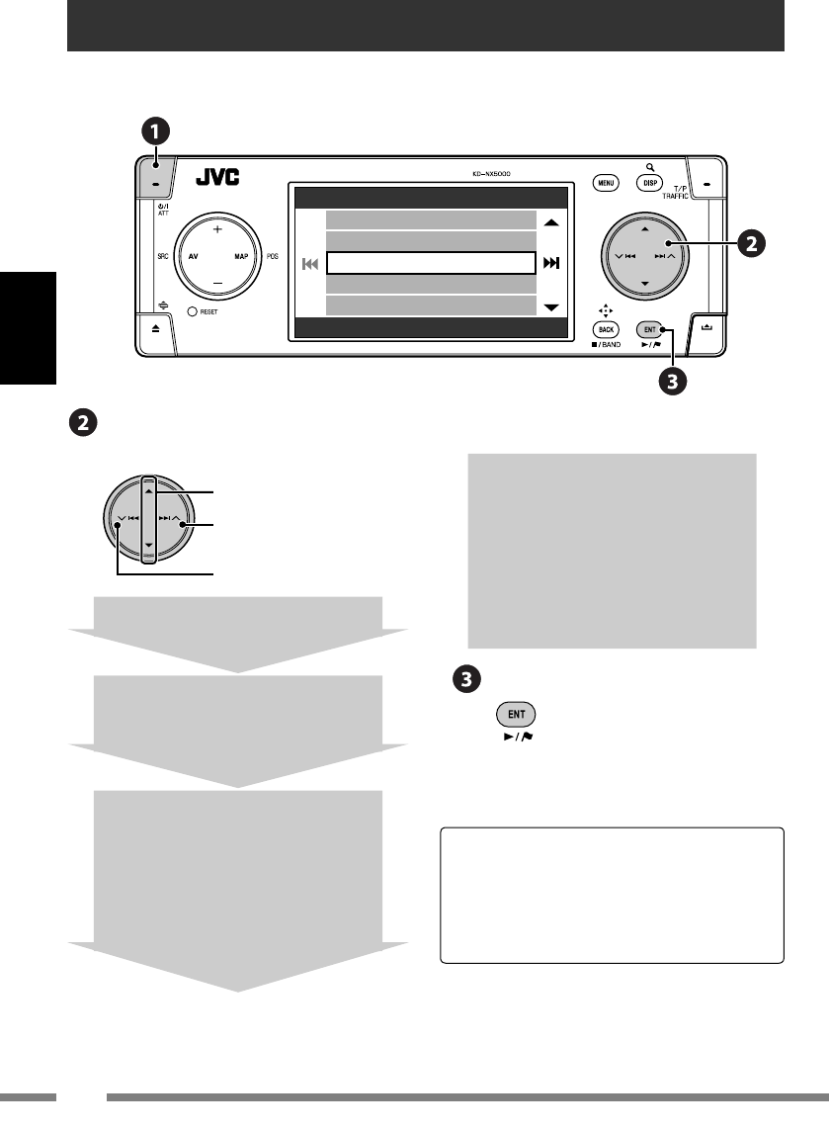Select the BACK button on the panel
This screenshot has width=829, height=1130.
click(x=605, y=329)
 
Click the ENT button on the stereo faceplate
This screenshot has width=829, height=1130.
click(x=649, y=328)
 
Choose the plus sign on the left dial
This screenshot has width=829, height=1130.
click(x=216, y=228)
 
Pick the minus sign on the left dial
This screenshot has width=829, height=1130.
click(x=216, y=283)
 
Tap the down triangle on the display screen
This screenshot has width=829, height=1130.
click(x=551, y=307)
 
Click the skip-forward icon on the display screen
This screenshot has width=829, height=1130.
click(x=551, y=263)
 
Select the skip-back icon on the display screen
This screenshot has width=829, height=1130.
click(x=310, y=264)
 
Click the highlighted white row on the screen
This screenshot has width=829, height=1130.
click(x=430, y=263)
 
